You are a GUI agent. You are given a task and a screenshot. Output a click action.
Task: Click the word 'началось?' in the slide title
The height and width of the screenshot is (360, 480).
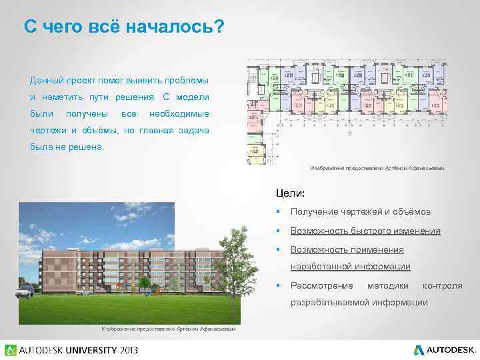click(176, 27)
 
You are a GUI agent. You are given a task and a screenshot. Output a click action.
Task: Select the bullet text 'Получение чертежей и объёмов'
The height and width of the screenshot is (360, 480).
click(360, 212)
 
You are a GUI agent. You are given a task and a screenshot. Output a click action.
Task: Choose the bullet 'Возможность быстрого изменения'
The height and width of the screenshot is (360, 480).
click(365, 231)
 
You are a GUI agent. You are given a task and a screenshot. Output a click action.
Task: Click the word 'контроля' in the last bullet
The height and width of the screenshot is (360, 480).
click(442, 285)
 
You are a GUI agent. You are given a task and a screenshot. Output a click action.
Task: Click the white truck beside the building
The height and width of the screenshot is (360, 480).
click(25, 289)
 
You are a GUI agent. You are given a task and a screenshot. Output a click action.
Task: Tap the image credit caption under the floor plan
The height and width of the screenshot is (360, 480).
click(377, 168)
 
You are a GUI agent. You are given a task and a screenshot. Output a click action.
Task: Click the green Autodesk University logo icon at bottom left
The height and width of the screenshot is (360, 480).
click(10, 349)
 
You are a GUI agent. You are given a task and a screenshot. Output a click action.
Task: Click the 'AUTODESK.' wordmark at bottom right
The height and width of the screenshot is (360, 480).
click(451, 349)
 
